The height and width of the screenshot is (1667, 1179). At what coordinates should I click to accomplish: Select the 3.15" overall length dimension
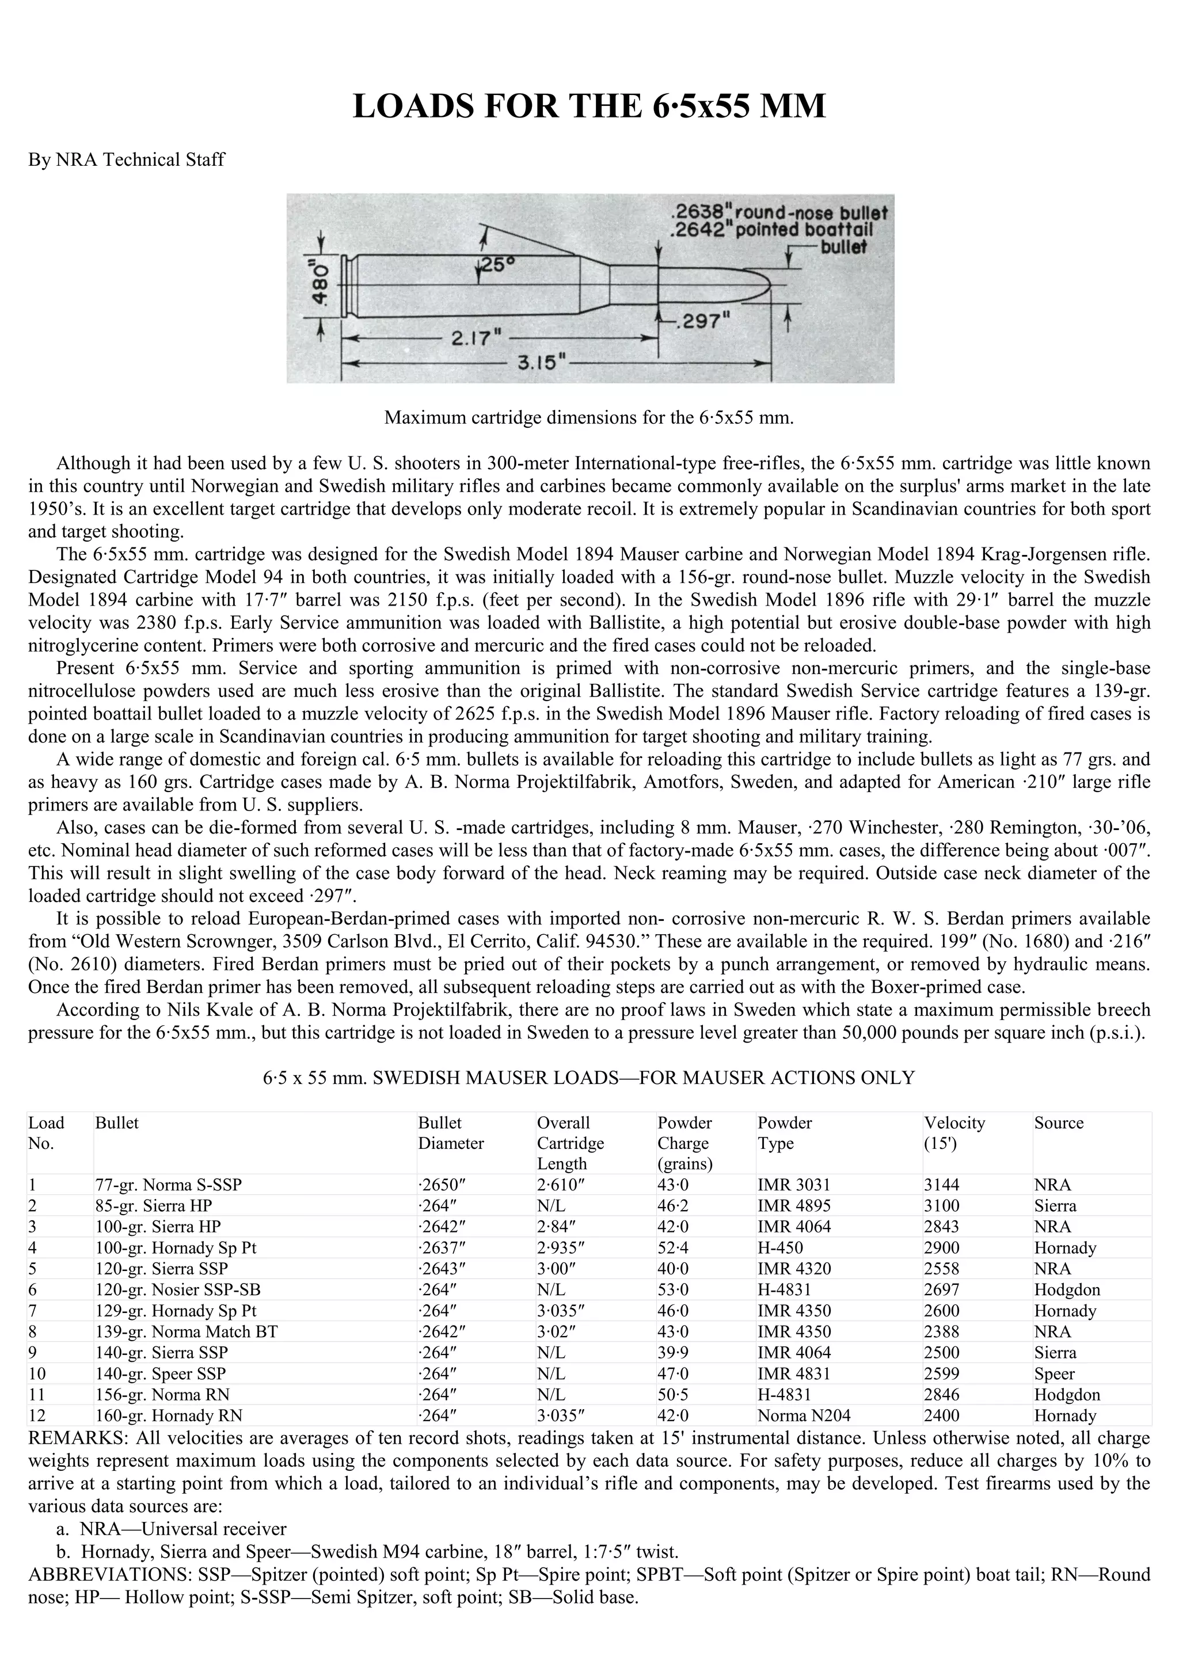click(536, 362)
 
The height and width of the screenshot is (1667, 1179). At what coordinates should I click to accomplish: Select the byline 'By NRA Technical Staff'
click(126, 159)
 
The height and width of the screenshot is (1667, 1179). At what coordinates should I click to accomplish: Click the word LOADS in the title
click(412, 106)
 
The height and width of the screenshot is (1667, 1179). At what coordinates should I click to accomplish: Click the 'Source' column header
click(1059, 1122)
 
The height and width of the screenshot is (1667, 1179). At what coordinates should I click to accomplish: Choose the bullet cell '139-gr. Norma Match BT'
click(186, 1331)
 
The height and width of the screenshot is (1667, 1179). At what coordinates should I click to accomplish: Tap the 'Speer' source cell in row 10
click(1054, 1373)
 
